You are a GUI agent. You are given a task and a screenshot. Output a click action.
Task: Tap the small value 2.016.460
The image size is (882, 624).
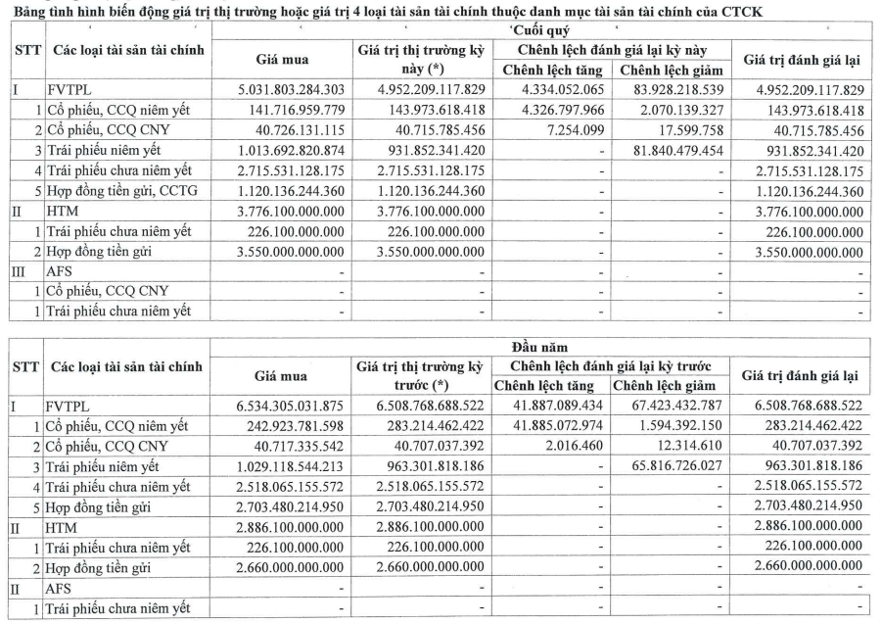pyautogui.click(x=581, y=446)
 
